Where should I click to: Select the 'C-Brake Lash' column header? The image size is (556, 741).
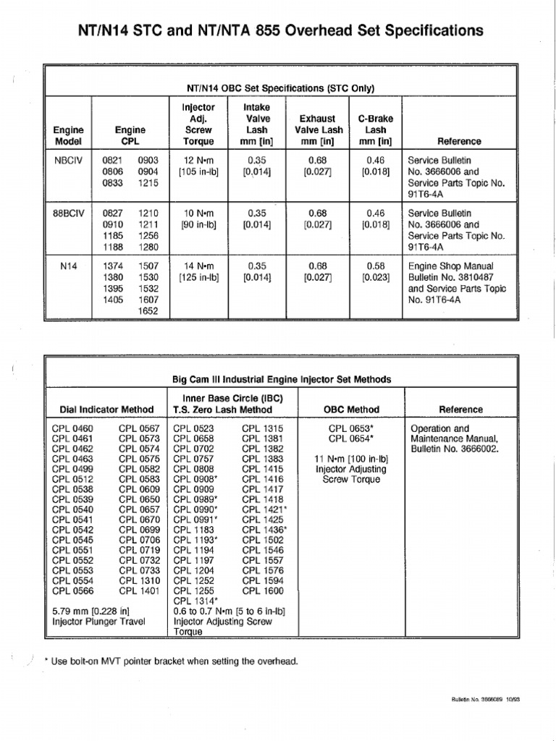point(375,130)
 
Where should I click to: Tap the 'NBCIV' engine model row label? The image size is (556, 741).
point(69,160)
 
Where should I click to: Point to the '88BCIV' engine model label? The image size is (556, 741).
point(69,213)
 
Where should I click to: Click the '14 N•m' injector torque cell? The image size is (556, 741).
point(198,266)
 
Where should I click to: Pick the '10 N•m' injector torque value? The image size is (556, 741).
point(198,213)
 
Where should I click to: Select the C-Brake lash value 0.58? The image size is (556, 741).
point(375,266)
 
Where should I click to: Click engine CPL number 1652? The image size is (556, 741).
point(148,311)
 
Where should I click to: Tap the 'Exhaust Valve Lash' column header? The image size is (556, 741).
point(317,124)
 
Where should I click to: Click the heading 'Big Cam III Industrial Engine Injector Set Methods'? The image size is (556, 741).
point(281,379)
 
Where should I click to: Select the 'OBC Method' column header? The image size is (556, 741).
point(351,410)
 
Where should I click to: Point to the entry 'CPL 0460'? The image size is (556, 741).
point(72,428)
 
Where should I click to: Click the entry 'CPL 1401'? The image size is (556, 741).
point(139,590)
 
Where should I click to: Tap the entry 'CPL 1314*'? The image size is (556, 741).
point(196,601)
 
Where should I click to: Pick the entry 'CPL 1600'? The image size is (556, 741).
point(263,590)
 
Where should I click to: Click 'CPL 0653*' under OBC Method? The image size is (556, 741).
point(351,428)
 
